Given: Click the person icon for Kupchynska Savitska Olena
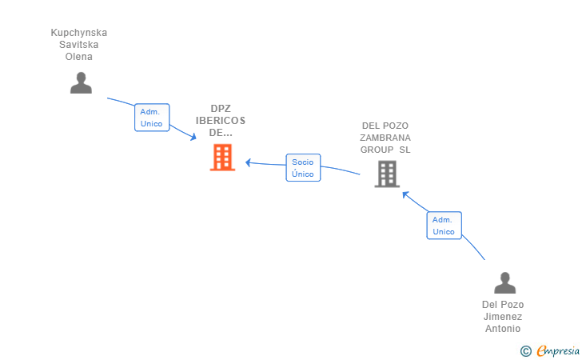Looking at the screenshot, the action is pos(81,82).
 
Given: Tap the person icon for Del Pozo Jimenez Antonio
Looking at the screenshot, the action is pos(504,283).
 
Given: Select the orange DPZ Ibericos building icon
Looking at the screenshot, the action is pos(222,158).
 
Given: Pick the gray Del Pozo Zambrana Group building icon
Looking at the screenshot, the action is pos(387,174).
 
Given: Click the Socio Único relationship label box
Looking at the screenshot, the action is pos(303,167).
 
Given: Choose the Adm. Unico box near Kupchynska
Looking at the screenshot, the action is pos(151,118).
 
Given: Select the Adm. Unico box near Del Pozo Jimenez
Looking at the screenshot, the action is pos(444,226).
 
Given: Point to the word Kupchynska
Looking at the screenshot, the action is pos(79,33).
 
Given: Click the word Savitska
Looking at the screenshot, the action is pos(79,45).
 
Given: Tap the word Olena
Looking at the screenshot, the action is pos(79,57).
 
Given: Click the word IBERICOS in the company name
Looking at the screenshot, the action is pos(221,121).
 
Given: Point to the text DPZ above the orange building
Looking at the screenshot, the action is pos(221,109).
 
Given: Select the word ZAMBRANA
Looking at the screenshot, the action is pos(385,138).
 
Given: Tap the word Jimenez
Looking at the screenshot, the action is pos(503,317).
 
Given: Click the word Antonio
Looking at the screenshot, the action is pos(503,329).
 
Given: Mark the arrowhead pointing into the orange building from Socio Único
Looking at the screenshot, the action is pos(249,162).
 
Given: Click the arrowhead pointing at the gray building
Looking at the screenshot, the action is pos(405,194).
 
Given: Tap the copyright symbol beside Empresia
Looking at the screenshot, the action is pos(525,350).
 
